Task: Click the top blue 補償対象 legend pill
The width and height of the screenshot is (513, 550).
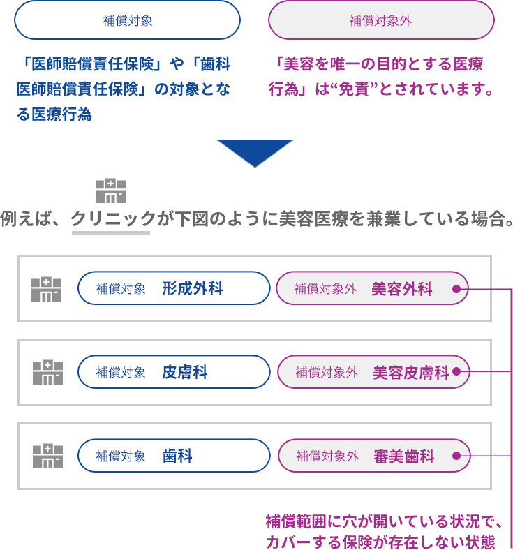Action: point(127,20)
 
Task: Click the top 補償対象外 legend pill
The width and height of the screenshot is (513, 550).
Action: point(380,20)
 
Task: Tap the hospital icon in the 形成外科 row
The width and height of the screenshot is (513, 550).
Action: point(47,289)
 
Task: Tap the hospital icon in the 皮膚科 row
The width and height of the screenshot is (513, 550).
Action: point(47,373)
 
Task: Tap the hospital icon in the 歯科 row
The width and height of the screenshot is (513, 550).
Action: point(47,456)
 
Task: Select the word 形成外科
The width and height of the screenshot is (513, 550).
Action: point(193,288)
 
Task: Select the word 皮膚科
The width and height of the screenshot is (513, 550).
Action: point(185,372)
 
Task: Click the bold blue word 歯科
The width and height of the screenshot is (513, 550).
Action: point(177,456)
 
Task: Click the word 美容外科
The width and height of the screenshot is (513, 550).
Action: point(402,289)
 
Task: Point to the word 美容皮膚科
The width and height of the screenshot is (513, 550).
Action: point(410,373)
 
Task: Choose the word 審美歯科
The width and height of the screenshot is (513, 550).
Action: point(403,456)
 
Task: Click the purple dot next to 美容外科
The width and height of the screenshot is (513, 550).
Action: point(456,289)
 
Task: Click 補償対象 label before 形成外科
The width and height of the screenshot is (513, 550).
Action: point(121,289)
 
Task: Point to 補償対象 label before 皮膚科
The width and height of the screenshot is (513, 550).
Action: point(121,373)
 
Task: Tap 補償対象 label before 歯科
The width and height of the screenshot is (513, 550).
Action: point(121,456)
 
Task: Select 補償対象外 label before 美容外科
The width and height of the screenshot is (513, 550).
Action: point(325,289)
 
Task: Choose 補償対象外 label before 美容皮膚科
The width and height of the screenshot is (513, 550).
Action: point(327,373)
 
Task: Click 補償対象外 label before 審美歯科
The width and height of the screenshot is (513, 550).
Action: point(327,456)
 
